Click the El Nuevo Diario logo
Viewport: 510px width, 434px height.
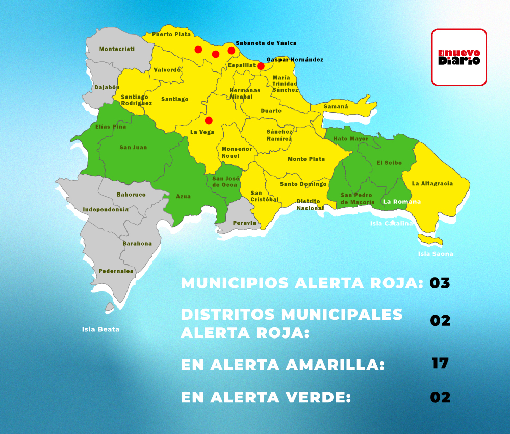[x=459, y=57]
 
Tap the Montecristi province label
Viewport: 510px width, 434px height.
[x=117, y=49]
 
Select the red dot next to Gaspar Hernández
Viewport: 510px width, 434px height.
[x=261, y=66]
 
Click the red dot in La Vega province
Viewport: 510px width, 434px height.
[x=209, y=120]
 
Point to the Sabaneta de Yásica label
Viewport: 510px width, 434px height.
[x=266, y=43]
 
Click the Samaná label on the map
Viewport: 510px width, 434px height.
[x=336, y=107]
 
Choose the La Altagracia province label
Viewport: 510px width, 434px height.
[x=432, y=183]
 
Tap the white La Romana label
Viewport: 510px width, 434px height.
[x=402, y=202]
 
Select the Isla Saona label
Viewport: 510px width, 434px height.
[x=436, y=254]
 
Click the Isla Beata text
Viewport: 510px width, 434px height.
[x=100, y=329]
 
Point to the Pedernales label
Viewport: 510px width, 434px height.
[x=116, y=271]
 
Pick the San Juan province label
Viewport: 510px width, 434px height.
[x=133, y=148]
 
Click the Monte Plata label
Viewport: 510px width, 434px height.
[x=306, y=159]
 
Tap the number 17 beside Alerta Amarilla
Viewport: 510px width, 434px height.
[x=440, y=364]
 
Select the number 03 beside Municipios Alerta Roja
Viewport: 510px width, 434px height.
[x=440, y=283]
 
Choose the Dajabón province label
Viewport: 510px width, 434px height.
[x=107, y=88]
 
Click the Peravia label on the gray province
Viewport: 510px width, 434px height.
[x=244, y=223]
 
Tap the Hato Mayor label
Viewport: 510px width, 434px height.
[x=351, y=139]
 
